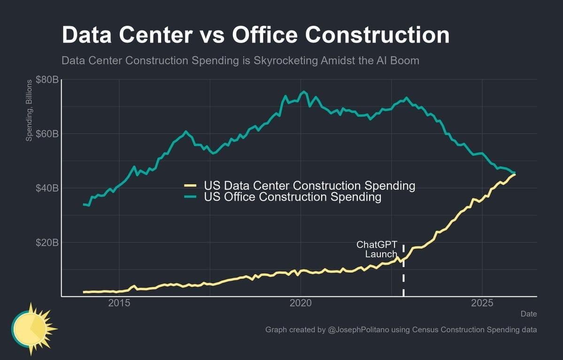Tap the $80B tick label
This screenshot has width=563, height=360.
(47, 80)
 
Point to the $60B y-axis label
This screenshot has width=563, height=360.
(47, 134)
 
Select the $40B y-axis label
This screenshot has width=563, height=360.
(47, 188)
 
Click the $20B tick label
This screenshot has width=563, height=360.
(47, 243)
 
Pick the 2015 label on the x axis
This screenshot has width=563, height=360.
(119, 303)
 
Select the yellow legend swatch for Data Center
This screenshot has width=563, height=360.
(190, 186)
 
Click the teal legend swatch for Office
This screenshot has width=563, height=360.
(190, 197)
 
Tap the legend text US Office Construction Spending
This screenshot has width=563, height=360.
(293, 197)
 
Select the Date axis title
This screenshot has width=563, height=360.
(528, 314)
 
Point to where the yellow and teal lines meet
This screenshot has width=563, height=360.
(514, 173)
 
